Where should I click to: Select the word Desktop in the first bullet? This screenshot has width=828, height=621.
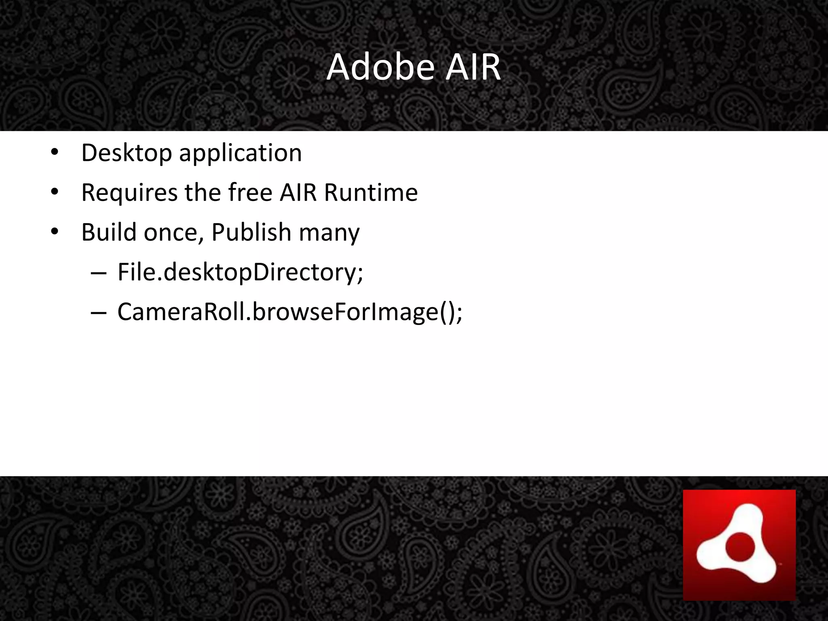[127, 154]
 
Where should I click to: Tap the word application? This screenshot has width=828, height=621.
[240, 154]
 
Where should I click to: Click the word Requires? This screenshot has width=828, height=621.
[129, 192]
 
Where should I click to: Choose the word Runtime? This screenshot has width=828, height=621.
[371, 192]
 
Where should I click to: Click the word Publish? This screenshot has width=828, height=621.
[251, 232]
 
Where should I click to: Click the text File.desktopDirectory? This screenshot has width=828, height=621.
[240, 272]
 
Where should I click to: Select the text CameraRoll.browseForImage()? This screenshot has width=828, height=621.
[289, 312]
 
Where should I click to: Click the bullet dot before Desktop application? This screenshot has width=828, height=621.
[55, 153]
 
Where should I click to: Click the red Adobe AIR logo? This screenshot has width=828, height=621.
[739, 545]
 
